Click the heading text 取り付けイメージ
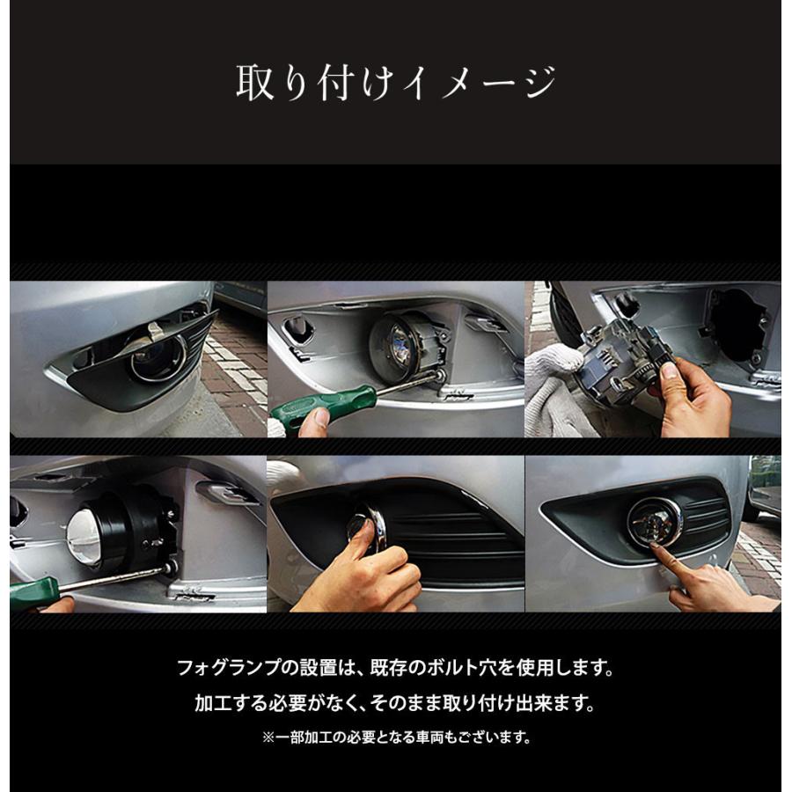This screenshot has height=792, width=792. pos(395,84)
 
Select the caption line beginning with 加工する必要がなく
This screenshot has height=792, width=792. pos(395,704)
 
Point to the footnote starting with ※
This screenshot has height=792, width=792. pos(395,737)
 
